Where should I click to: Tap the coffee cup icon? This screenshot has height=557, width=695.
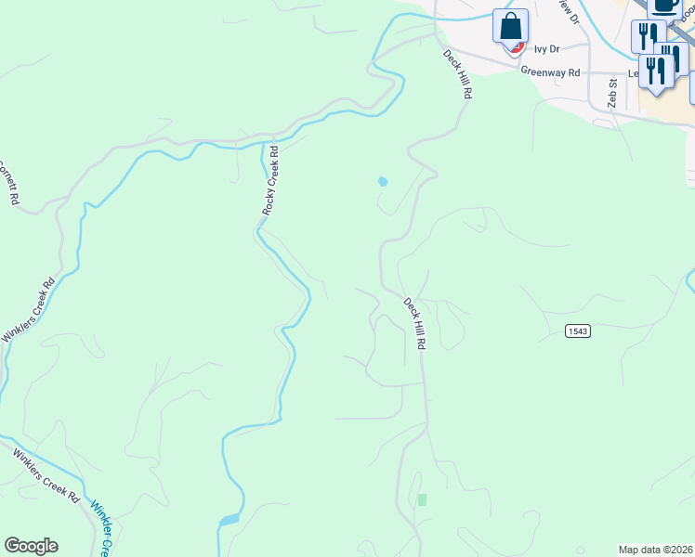coord(663,6)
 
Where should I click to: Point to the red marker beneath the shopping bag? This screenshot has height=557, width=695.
coord(518,46)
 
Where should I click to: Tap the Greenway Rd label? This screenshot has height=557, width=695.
coord(550,71)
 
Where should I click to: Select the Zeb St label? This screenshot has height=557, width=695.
coord(612,93)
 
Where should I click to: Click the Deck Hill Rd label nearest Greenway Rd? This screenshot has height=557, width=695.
coord(456,74)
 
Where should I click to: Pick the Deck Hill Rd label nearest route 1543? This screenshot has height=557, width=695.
coord(414,322)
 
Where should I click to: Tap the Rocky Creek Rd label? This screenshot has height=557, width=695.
coord(270,181)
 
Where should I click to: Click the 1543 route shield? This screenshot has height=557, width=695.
coord(577,330)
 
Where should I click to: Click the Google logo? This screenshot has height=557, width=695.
coord(31,546)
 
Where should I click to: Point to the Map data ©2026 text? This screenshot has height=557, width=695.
coord(656,550)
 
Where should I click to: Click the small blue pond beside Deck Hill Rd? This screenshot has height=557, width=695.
coord(382,181)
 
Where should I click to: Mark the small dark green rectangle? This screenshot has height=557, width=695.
coord(422,499)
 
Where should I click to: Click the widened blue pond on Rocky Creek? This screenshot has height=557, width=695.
coord(229,520)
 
